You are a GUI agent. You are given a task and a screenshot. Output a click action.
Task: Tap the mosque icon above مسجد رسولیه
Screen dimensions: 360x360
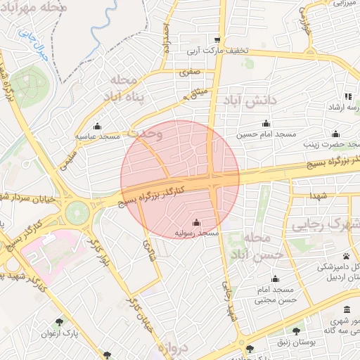click(195, 223)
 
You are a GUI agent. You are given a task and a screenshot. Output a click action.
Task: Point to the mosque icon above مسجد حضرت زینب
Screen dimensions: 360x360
click(335, 134)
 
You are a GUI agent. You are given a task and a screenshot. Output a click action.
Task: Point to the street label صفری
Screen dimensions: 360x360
click(191, 72)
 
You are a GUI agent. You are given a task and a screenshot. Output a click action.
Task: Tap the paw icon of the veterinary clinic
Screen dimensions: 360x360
click(347, 257)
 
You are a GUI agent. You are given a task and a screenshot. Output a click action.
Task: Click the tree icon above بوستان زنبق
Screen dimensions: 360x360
click(296, 330)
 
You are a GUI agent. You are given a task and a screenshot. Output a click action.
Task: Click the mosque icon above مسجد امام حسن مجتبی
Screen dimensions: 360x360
click(275, 278)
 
